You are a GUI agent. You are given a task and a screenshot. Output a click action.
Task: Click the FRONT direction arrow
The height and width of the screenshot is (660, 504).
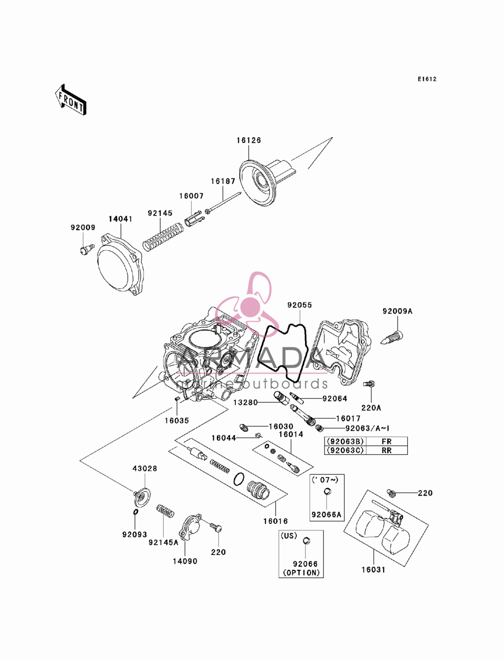71,100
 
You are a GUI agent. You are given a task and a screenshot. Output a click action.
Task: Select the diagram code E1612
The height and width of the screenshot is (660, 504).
427,79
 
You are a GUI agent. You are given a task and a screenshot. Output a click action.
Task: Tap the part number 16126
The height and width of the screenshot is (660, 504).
248,140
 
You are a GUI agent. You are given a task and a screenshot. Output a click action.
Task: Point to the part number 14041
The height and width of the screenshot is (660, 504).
120,219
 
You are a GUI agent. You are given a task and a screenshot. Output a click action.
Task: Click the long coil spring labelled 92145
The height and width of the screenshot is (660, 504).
162,237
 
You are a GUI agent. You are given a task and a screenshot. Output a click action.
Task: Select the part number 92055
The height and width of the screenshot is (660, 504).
299,305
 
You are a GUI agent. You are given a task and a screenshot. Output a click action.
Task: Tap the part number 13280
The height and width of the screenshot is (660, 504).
245,402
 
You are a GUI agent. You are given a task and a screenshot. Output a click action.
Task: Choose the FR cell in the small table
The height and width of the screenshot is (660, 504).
387,441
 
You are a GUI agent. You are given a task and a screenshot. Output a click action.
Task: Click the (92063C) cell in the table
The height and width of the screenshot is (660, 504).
345,450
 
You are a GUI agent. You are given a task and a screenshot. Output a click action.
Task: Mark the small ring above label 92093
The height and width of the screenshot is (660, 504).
135,512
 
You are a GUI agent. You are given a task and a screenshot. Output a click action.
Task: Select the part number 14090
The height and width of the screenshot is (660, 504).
185,561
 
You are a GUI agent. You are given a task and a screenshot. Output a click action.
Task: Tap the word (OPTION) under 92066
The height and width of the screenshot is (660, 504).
301,573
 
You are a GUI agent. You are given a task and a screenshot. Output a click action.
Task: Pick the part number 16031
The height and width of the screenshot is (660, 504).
373,569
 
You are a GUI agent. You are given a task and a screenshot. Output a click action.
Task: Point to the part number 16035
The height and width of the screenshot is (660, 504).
177,421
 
